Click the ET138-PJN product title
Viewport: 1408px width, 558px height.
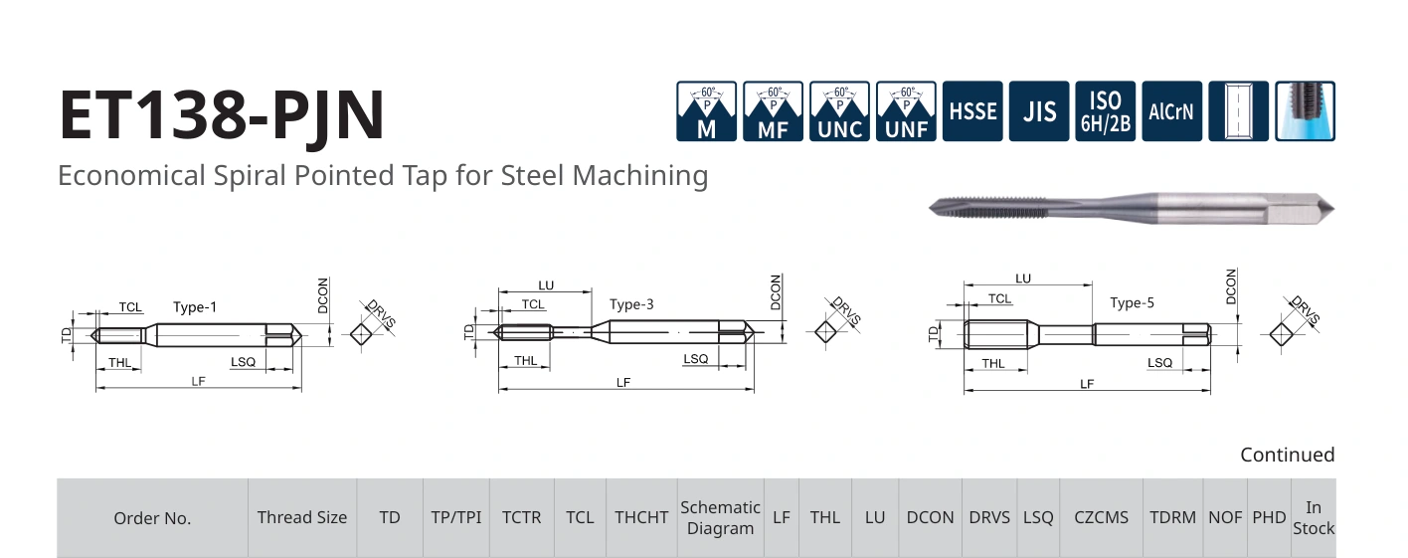click(222, 114)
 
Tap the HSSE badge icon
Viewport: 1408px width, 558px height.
click(972, 111)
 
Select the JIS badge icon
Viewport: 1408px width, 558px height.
click(1039, 111)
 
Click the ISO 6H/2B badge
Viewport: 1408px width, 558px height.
click(1105, 111)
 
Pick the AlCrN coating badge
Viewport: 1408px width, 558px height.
click(1171, 111)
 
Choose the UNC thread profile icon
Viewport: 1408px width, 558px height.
click(840, 111)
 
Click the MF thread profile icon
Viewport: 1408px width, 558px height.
click(774, 111)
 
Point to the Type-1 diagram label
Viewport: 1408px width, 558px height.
click(195, 307)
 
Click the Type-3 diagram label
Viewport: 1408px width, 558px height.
click(631, 304)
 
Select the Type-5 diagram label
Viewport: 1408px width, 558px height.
click(1132, 302)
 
